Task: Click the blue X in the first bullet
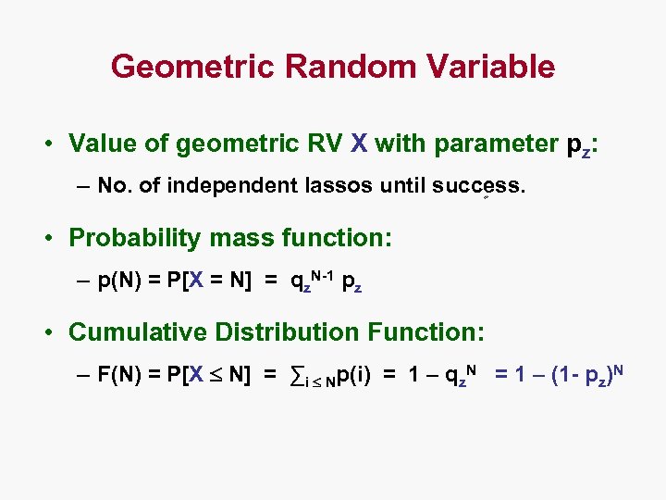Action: (359, 144)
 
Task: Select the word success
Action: (478, 186)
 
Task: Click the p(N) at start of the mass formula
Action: (117, 281)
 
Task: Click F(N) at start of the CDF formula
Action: (117, 375)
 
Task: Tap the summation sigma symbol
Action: (297, 375)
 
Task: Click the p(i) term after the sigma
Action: (354, 375)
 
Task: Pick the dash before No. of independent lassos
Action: (84, 186)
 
